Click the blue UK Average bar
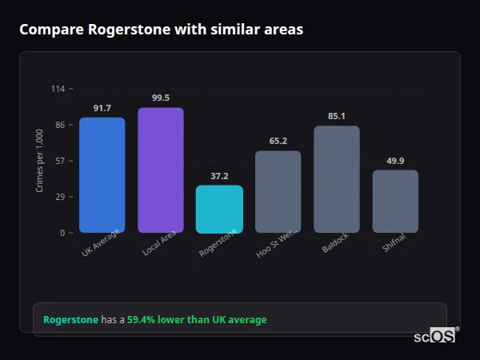coord(102,175)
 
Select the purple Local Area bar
coord(161,170)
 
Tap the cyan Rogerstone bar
coord(219,209)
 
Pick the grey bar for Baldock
coord(337,179)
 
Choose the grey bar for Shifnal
coord(395,201)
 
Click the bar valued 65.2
coord(278,192)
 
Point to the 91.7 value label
coord(102,108)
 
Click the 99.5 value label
coord(161,98)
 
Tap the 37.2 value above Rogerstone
coord(219,176)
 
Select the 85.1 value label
coord(337,116)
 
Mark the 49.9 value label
coord(395,161)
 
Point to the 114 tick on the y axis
coord(58,89)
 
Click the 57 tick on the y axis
coord(60,161)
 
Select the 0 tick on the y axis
coord(62,233)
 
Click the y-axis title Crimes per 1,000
coord(40,161)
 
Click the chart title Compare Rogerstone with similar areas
coord(161,30)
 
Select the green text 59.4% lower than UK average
coord(197,320)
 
